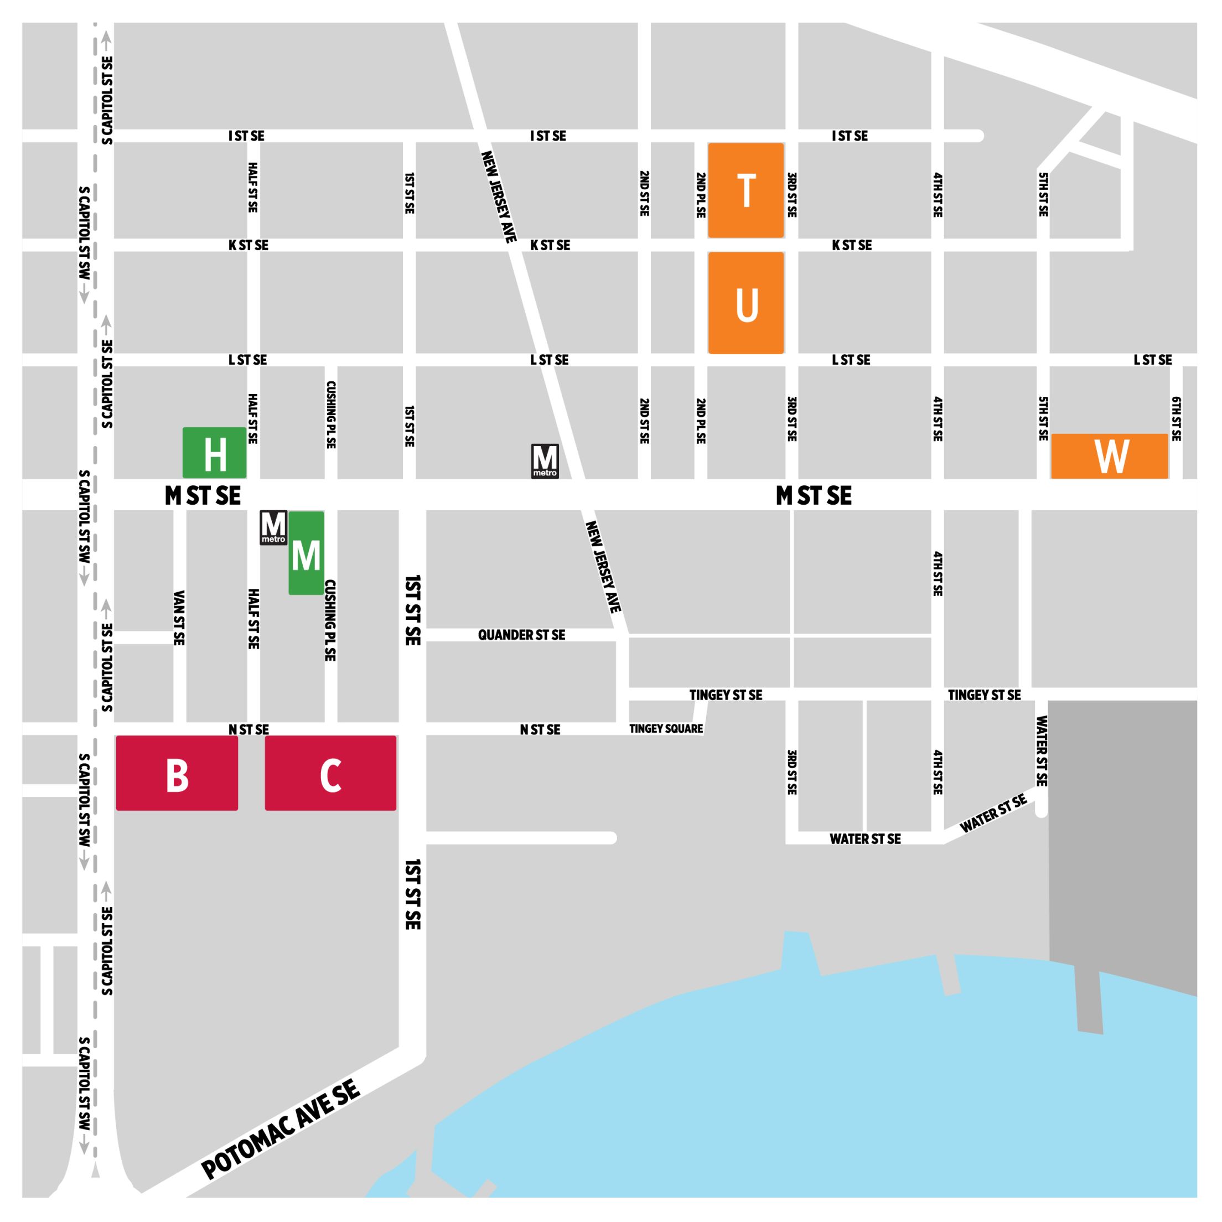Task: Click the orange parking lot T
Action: point(745,190)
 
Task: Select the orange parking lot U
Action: point(745,303)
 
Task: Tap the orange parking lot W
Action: point(1110,456)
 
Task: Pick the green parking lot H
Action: point(214,453)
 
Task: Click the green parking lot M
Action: point(307,553)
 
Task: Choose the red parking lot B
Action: point(177,773)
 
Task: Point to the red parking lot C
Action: point(330,773)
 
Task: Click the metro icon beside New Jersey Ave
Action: point(545,461)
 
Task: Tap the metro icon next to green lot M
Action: point(273,527)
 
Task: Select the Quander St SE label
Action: point(521,635)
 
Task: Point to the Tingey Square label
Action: point(665,729)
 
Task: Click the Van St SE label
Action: point(179,618)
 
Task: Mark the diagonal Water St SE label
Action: point(993,814)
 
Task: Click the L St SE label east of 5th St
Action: point(1152,360)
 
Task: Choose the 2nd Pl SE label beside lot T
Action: point(700,195)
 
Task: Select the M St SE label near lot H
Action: point(203,496)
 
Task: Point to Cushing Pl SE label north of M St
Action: point(330,415)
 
